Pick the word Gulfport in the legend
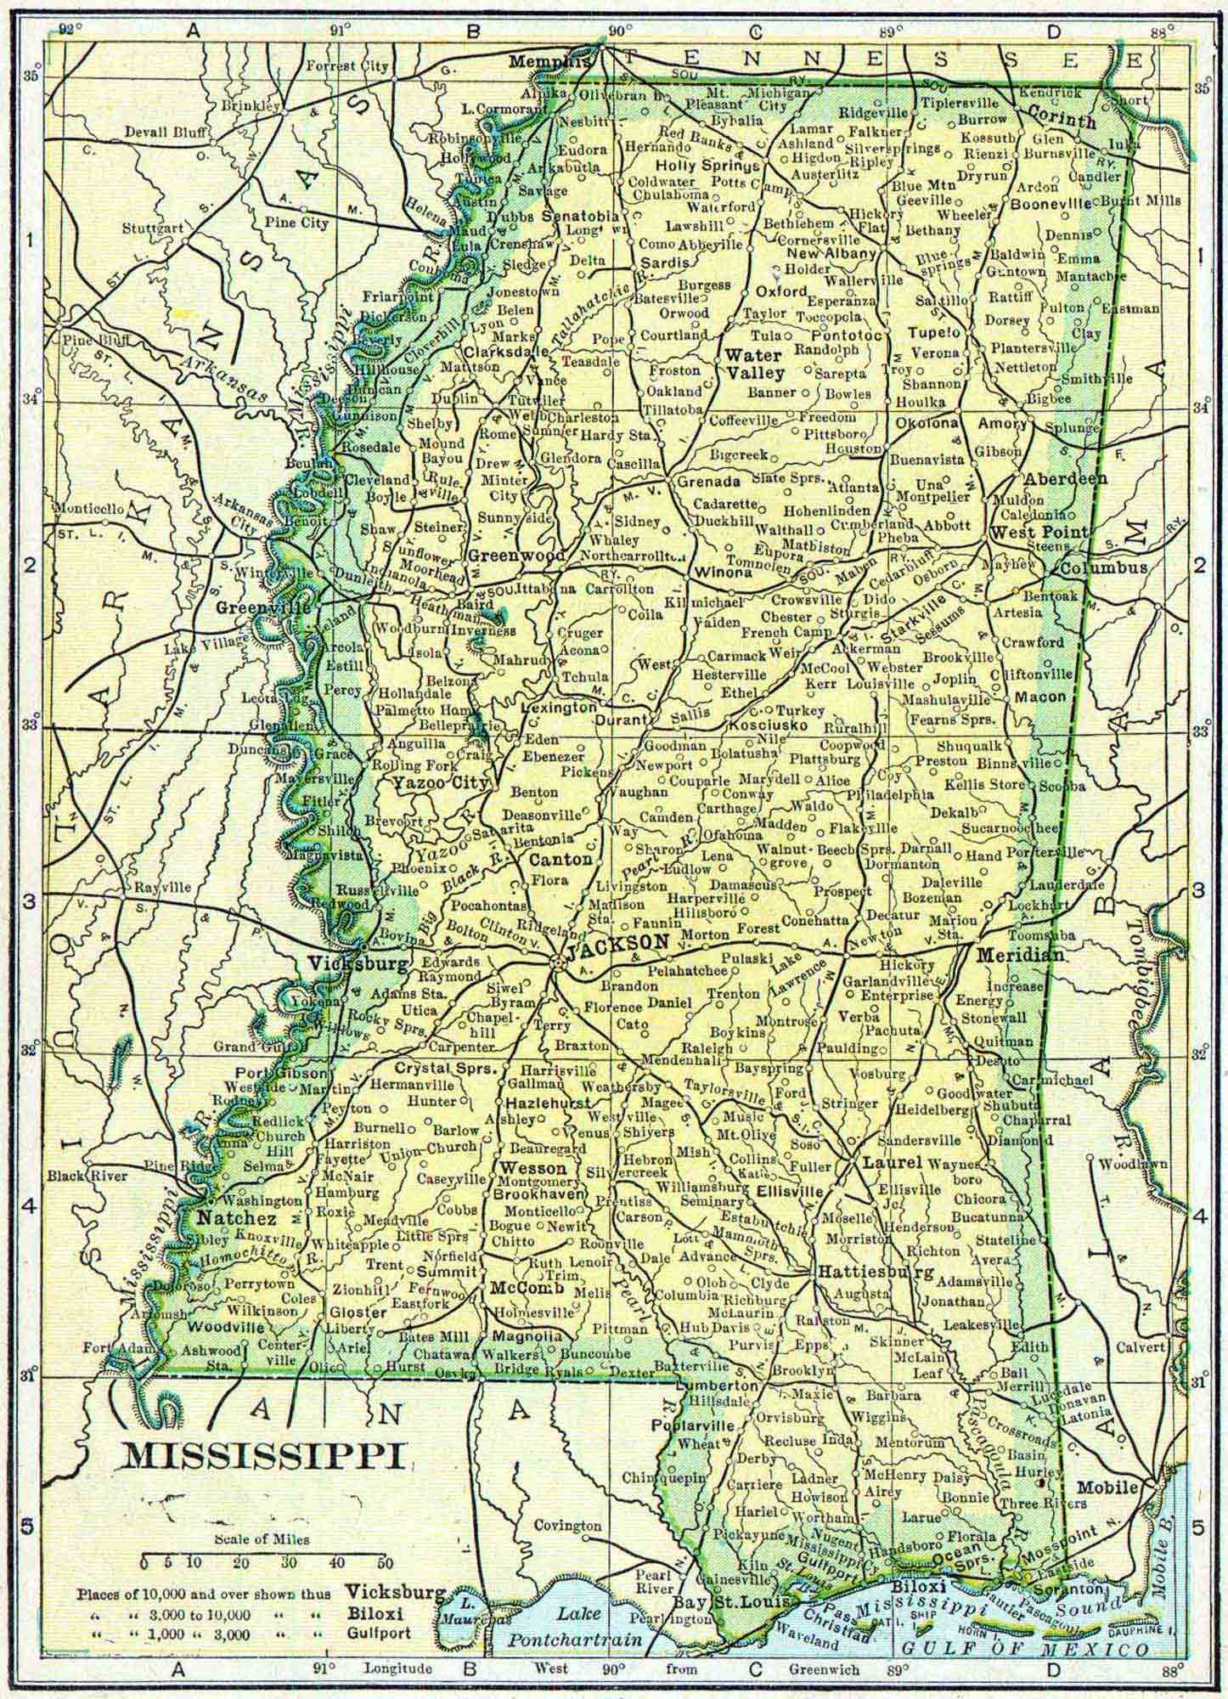click(x=379, y=1609)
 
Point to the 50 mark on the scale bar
click(x=384, y=1563)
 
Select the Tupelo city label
click(x=933, y=332)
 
